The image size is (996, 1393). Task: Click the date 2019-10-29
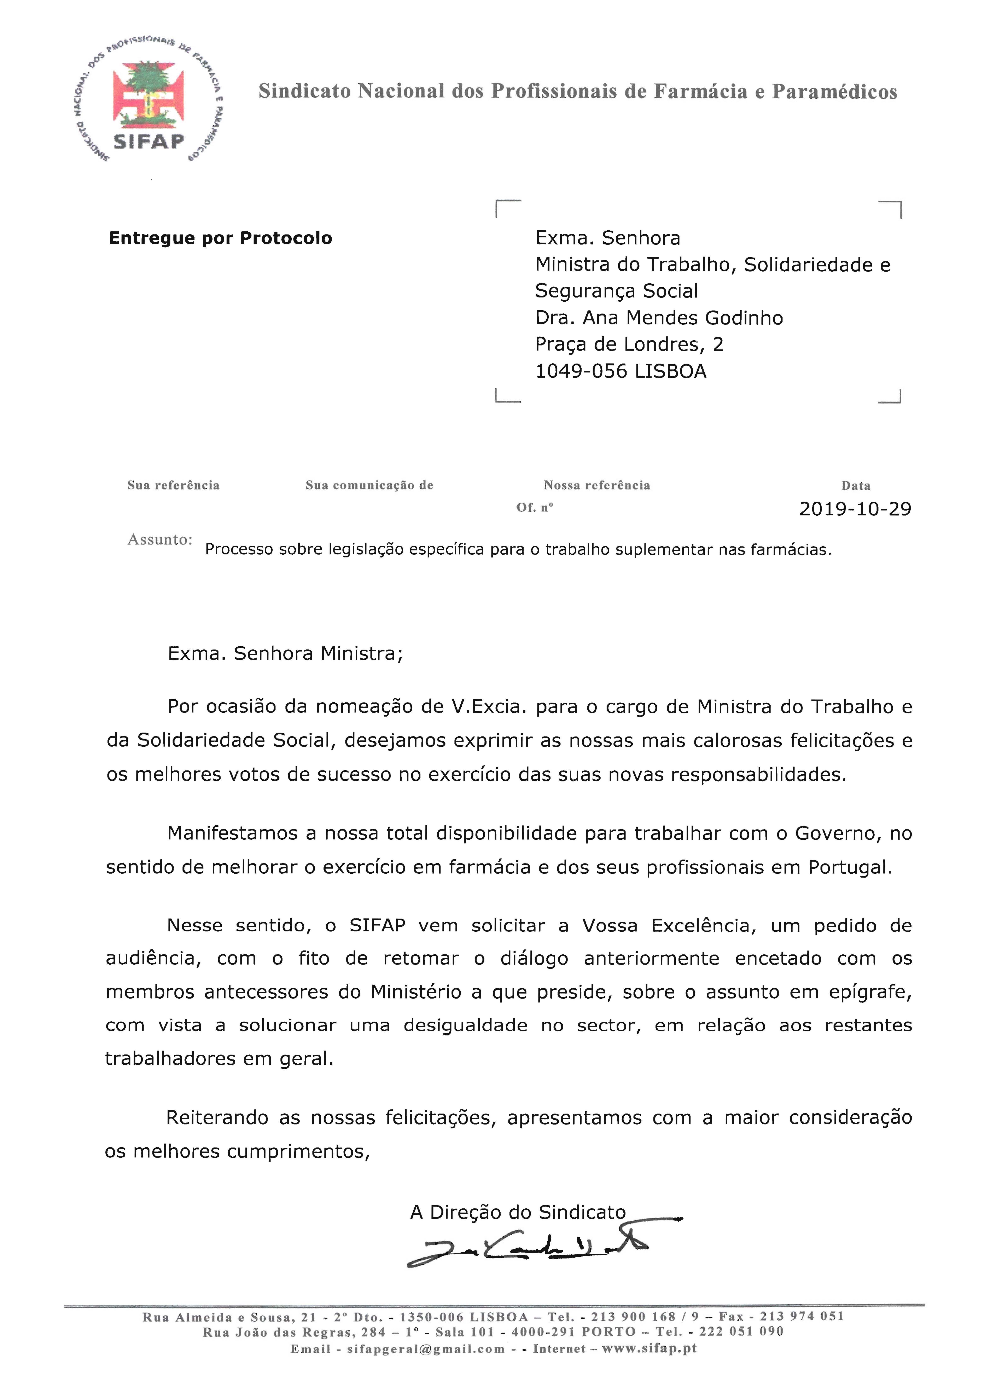855,509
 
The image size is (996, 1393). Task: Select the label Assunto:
159,540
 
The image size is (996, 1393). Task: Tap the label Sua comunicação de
369,485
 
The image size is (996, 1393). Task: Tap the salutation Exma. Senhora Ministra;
285,654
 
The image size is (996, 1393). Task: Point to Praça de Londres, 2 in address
629,345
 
